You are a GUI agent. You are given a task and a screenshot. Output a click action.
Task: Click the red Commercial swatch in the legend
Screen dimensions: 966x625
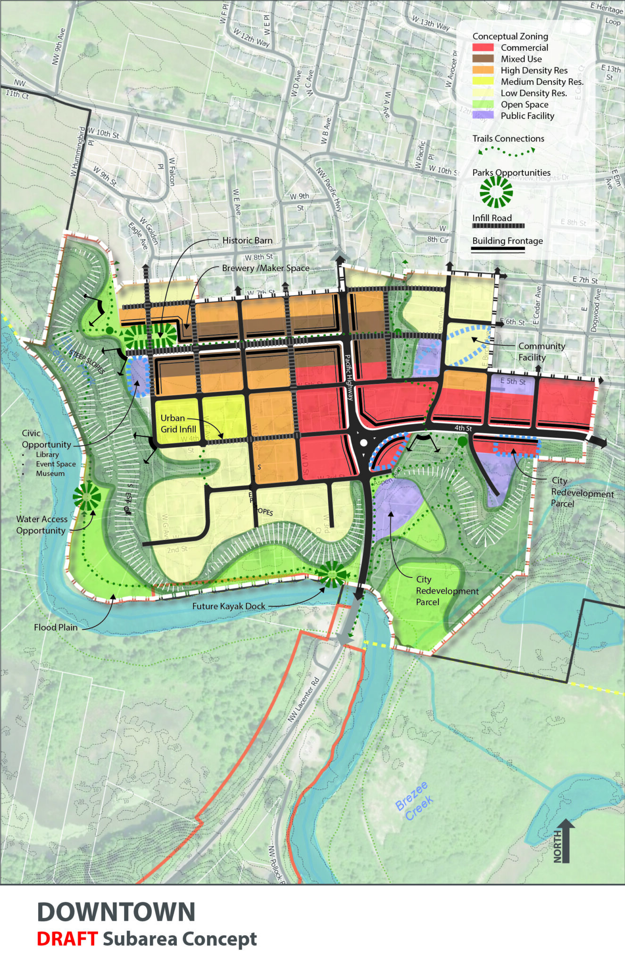483,47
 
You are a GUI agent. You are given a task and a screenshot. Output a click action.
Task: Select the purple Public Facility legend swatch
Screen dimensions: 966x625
483,115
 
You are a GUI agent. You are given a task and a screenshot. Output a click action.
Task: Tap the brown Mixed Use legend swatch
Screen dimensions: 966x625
483,58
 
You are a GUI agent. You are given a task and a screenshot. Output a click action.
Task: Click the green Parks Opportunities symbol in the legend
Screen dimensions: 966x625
496,192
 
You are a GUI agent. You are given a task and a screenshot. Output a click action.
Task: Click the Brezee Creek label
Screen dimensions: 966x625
414,800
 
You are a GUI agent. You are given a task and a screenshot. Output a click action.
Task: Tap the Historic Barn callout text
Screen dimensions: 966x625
247,241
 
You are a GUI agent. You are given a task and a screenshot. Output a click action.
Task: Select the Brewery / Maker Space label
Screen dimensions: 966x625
266,268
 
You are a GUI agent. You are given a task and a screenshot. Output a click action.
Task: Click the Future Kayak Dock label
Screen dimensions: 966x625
229,606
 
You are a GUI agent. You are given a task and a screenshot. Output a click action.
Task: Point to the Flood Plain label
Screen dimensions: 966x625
56,627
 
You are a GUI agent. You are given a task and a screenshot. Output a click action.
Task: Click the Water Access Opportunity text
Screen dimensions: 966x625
42,525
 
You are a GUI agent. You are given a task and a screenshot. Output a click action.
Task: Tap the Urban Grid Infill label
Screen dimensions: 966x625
178,424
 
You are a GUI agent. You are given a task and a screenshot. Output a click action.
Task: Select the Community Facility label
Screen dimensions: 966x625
541,351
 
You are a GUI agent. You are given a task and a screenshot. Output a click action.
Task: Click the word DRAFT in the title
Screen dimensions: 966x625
67,939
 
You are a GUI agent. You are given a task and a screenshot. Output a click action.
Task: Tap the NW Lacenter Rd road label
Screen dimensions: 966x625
304,700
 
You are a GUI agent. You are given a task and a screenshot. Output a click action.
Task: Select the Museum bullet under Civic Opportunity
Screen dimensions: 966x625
50,473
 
